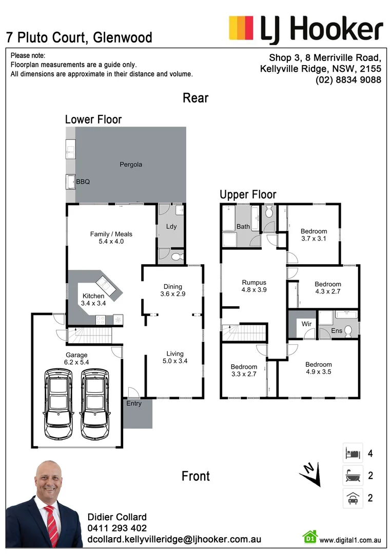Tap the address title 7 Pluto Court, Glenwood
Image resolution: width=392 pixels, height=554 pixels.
pos(79,37)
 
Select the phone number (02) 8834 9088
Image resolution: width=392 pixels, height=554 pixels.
pos(348,80)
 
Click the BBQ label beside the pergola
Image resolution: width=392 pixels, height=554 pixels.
pos(83,182)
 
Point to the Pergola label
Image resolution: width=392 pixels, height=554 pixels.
pos(131,165)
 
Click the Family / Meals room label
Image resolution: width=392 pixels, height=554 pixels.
pos(107,238)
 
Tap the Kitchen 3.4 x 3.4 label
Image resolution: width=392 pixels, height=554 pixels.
pos(93,300)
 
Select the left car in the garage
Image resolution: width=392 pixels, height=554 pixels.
pos(57,404)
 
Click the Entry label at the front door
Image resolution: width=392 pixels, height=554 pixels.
pos(134,404)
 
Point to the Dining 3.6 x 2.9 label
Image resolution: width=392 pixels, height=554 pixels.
pos(173,290)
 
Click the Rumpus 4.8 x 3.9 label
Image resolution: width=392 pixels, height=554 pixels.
pos(254,286)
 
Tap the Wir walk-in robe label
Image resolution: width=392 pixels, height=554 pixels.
pos(307,324)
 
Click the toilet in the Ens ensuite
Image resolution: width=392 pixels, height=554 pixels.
pos(347,331)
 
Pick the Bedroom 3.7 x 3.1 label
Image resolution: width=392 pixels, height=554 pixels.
pos(313,235)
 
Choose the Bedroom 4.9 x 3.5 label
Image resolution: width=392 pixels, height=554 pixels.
pos(319,368)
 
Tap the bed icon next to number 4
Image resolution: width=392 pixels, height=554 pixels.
pos(352,453)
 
